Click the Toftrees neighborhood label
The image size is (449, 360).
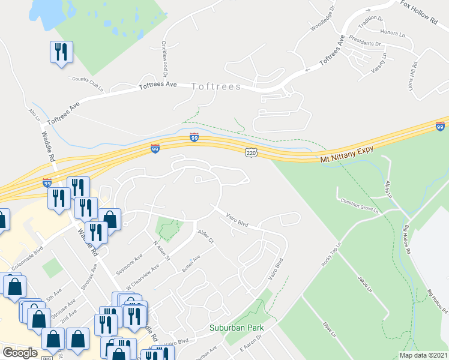point(216,87)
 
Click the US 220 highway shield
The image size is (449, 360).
point(252,154)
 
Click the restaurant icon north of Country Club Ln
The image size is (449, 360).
point(61,52)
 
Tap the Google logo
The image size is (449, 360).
point(19,353)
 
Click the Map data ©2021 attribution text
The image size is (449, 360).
point(423,355)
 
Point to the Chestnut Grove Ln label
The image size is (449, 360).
point(360,206)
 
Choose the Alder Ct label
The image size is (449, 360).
point(205,237)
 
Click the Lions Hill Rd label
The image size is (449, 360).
point(414,74)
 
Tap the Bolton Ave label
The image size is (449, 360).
point(191,262)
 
